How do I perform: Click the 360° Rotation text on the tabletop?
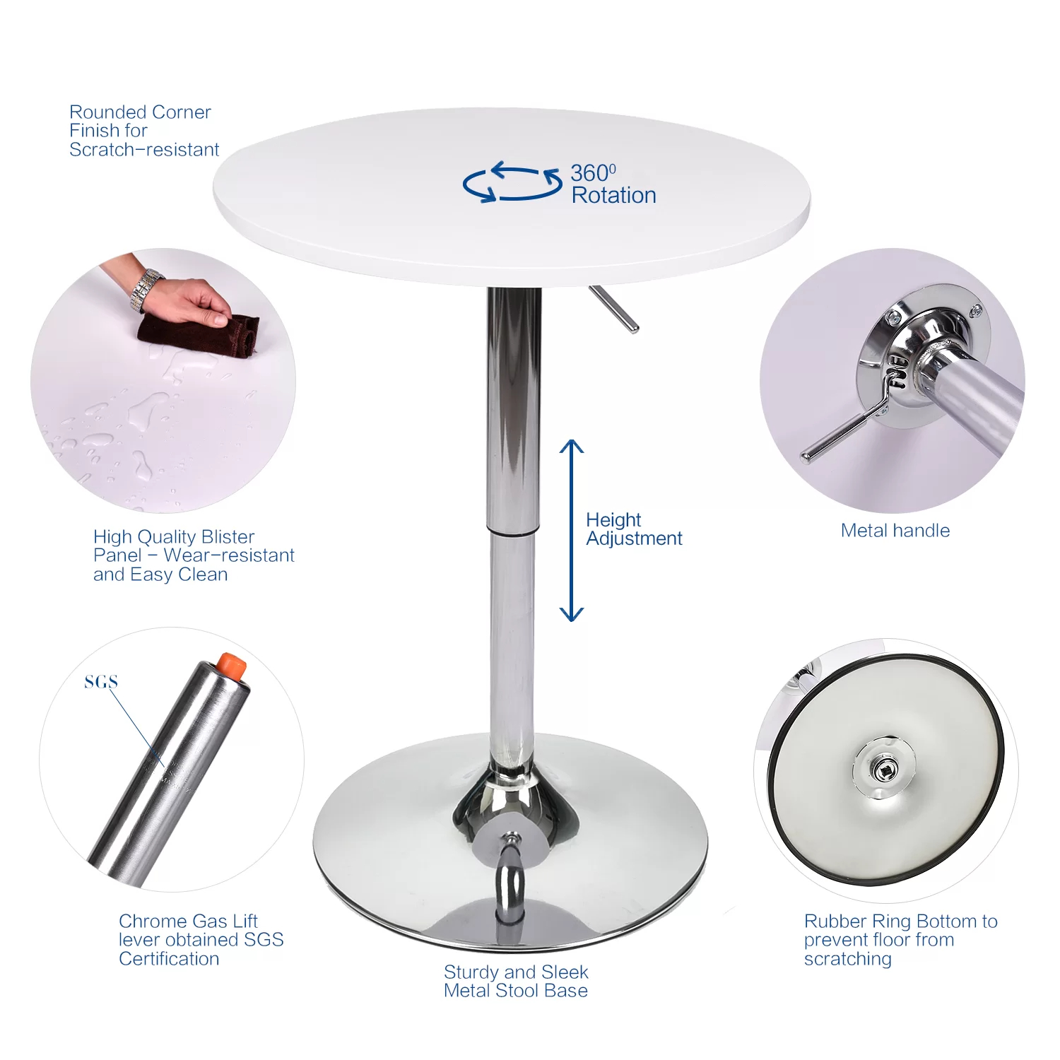click(x=613, y=184)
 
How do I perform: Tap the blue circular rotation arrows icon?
click(x=512, y=182)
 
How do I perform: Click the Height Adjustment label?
click(x=633, y=529)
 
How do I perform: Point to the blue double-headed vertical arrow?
click(x=571, y=530)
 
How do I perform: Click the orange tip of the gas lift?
click(x=231, y=666)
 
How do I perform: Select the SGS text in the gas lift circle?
click(x=101, y=682)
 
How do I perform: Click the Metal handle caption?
click(x=895, y=531)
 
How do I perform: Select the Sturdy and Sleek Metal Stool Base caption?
click(x=516, y=982)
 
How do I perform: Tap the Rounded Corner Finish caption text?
click(x=143, y=131)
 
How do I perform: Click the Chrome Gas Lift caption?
click(x=201, y=940)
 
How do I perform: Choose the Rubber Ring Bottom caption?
click(x=900, y=940)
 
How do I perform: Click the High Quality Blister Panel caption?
click(x=193, y=555)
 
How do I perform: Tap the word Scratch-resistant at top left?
click(x=144, y=150)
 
